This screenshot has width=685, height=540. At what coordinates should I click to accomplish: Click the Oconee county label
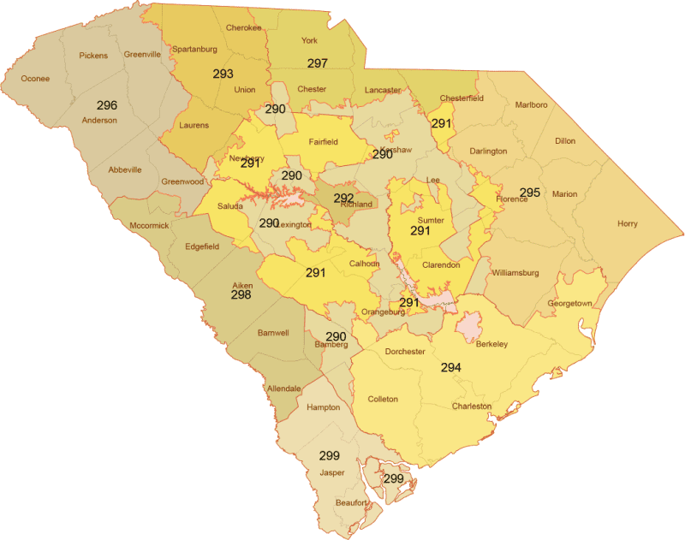[35, 79]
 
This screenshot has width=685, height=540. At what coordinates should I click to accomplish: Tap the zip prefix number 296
[107, 105]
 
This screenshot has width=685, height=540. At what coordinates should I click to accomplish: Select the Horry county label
[627, 224]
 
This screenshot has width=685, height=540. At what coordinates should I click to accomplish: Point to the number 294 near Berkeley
[451, 367]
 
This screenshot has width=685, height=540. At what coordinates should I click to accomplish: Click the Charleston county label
[472, 406]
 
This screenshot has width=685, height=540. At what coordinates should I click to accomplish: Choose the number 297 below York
[318, 63]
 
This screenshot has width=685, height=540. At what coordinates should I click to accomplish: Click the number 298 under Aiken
[241, 294]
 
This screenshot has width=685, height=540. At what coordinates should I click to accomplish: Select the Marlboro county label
[532, 105]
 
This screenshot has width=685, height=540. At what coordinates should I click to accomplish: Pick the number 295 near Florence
[530, 193]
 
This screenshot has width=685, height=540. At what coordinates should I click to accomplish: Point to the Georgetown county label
[569, 304]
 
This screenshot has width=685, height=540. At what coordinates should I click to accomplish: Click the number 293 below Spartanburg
[223, 74]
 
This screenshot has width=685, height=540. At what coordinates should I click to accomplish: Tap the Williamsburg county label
[515, 273]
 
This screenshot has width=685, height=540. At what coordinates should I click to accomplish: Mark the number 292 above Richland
[343, 197]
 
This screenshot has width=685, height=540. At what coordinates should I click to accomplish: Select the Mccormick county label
[149, 226]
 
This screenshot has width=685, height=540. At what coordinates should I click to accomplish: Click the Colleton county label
[383, 400]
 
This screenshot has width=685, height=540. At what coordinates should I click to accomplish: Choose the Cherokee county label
[244, 27]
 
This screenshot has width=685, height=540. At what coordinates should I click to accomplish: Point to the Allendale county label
[284, 389]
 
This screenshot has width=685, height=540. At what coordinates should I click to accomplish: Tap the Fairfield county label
[326, 142]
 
